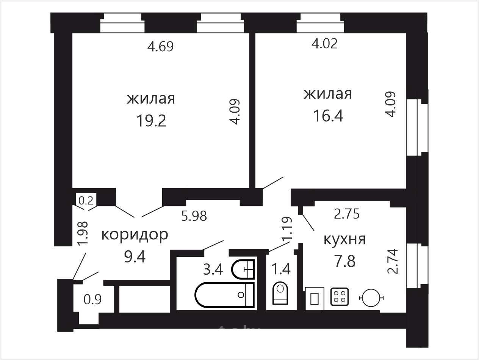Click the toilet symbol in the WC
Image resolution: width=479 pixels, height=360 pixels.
(x=280, y=293)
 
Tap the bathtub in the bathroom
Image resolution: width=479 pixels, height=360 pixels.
(x=225, y=295)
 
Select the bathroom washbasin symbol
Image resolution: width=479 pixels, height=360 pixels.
(x=243, y=269)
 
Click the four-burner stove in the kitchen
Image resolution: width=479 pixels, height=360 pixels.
(x=340, y=297)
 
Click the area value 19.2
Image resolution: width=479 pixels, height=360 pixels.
(x=152, y=121)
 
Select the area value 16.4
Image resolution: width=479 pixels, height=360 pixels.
(x=328, y=116)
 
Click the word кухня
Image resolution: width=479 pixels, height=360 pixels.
(x=344, y=240)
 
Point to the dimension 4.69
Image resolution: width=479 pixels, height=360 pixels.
(x=160, y=47)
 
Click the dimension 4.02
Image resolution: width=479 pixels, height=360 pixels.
(x=324, y=44)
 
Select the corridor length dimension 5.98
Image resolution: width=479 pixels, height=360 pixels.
(x=194, y=216)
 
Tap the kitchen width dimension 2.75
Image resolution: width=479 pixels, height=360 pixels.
(x=347, y=214)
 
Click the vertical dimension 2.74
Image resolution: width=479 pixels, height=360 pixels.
(x=393, y=261)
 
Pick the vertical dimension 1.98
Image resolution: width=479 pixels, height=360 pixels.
(x=83, y=234)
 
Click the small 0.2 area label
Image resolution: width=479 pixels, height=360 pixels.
(x=86, y=201)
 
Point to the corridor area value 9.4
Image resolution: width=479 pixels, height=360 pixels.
(x=135, y=257)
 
